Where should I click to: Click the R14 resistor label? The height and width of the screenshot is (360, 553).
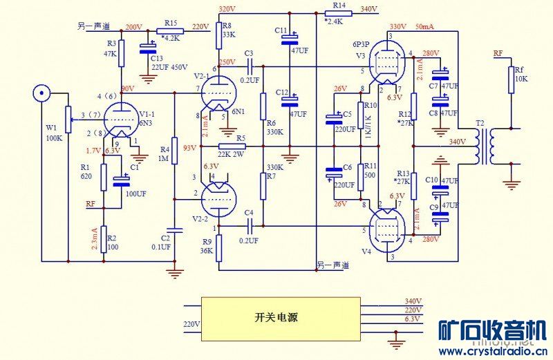click(x=339, y=5)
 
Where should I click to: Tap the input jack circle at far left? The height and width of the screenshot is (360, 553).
click(x=42, y=93)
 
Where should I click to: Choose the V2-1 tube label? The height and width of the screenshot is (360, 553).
click(x=201, y=75)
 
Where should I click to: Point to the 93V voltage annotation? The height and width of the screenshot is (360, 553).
click(x=189, y=147)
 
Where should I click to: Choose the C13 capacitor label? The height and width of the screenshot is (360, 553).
click(x=156, y=58)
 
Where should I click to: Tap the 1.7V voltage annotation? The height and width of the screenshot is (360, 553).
click(x=93, y=151)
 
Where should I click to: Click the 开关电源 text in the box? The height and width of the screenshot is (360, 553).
click(x=279, y=317)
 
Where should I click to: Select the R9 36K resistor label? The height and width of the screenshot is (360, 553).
click(x=207, y=246)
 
